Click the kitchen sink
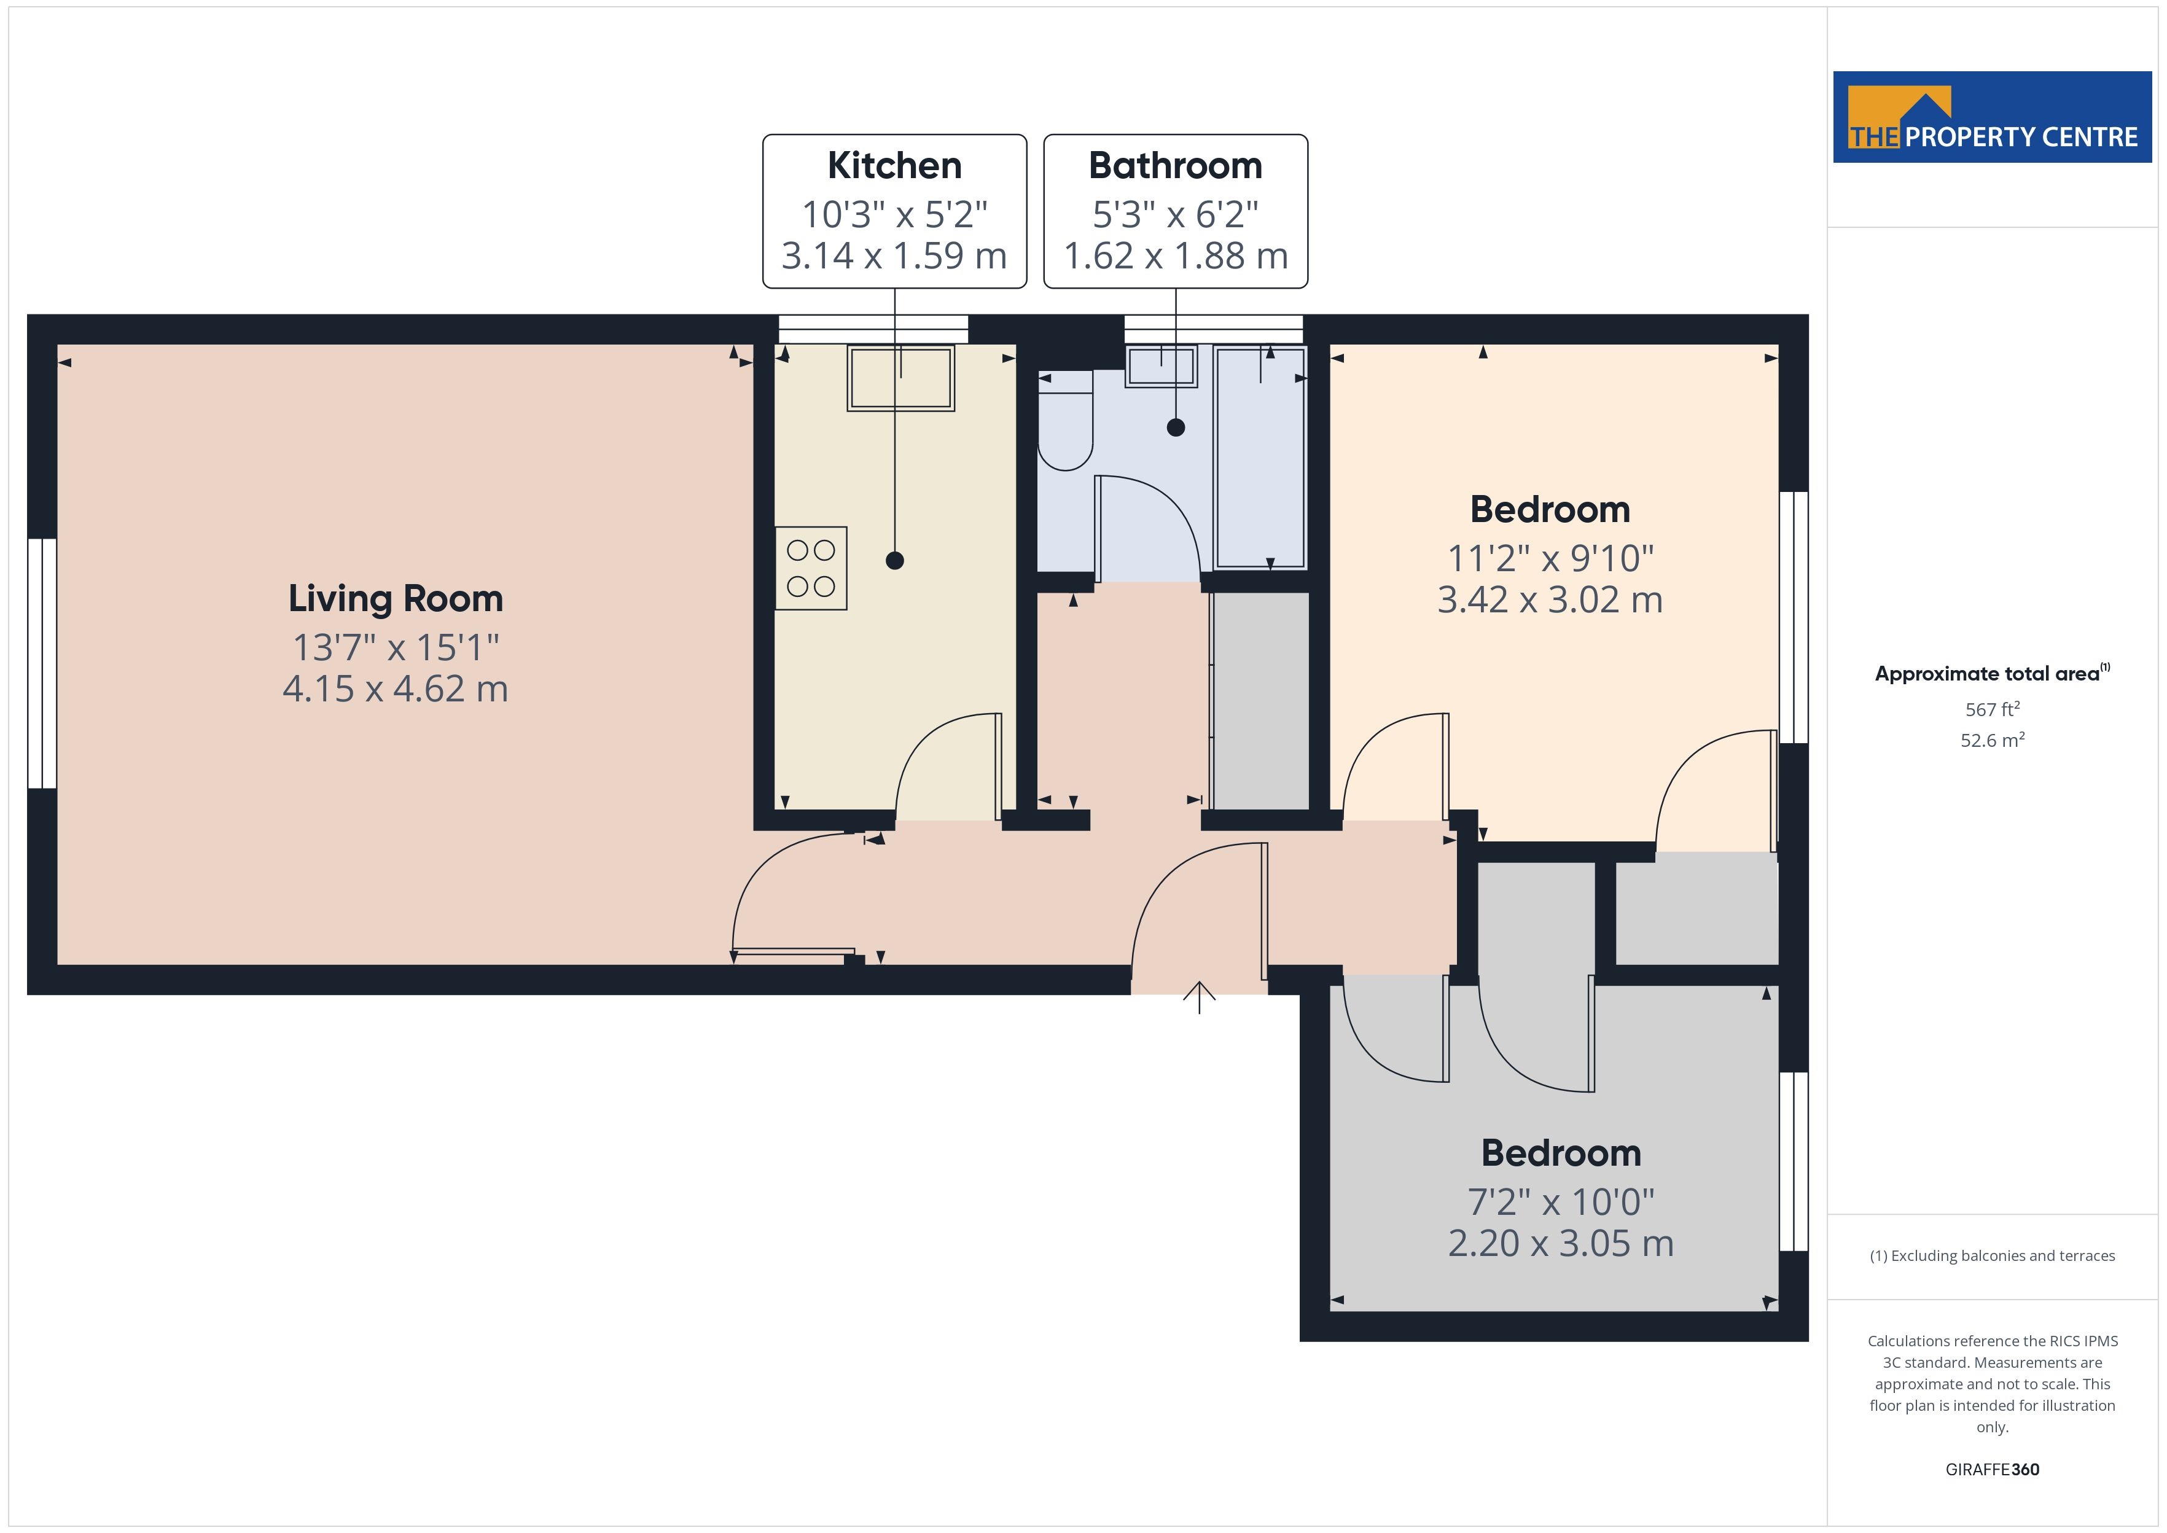901,378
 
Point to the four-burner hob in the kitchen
811,568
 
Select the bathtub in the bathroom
1260,458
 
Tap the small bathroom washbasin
1161,366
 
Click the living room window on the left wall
42,663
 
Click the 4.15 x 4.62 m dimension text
396,689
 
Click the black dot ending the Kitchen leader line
895,561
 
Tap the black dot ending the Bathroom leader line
1175,427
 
